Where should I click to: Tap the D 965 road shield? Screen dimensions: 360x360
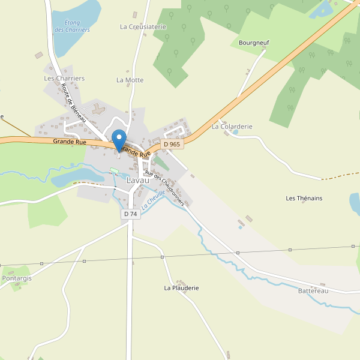[x=172, y=144]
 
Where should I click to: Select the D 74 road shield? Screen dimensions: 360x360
[x=130, y=214]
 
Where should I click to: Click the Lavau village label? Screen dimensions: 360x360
[x=138, y=180]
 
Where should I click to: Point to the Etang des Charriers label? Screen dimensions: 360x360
[x=72, y=26]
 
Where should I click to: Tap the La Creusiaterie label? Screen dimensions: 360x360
[x=143, y=27]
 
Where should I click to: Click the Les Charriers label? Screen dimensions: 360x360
[x=64, y=79]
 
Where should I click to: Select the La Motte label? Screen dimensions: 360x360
[x=130, y=80]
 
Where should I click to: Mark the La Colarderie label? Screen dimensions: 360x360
[x=232, y=127]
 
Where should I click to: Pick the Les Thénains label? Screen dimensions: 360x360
[x=304, y=199]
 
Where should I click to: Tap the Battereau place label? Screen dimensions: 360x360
[x=313, y=291]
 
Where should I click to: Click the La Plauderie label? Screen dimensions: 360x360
[x=181, y=288]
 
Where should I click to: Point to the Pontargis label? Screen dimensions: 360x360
[x=17, y=278]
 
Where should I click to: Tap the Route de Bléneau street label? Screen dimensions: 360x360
[x=74, y=103]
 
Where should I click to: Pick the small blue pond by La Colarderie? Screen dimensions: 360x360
[x=235, y=132]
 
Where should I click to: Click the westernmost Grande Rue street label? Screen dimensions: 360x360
[x=69, y=142]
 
